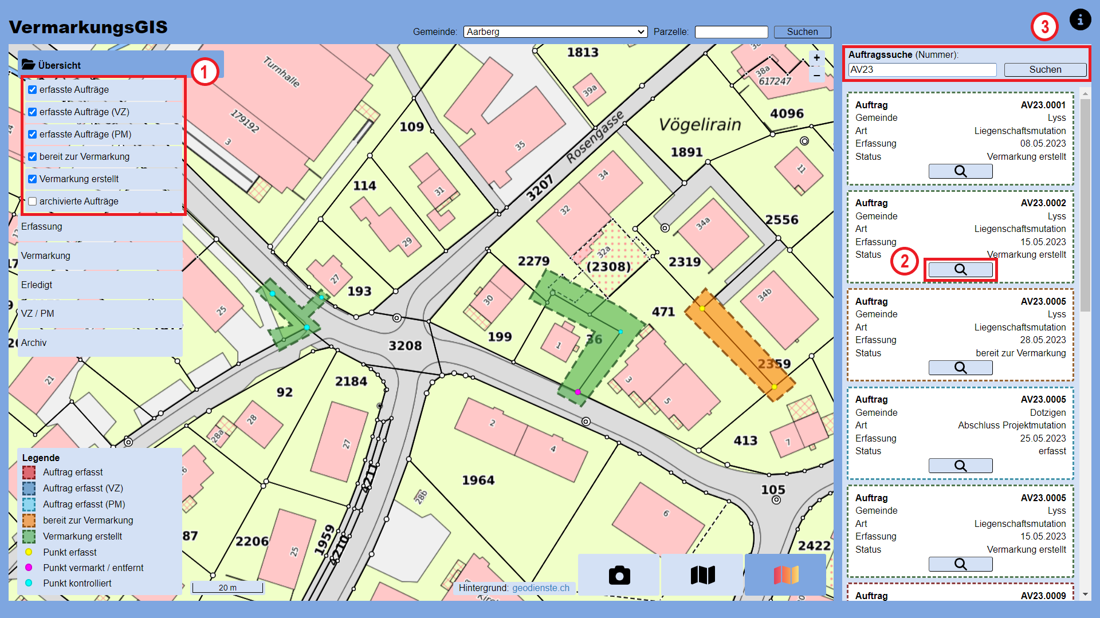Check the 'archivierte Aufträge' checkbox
tap(33, 201)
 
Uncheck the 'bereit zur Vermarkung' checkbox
tap(33, 156)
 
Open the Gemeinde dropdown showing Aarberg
tap(555, 32)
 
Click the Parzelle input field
tap(731, 32)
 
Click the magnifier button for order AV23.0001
tap(960, 171)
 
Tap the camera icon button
tap(619, 575)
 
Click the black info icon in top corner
tap(1080, 20)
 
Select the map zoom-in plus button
tap(816, 58)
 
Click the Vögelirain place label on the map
tap(700, 124)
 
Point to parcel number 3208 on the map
tap(405, 345)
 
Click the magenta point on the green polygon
tap(577, 392)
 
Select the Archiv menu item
tap(34, 343)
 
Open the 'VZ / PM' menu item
tap(38, 313)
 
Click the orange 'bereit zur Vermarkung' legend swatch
tap(29, 520)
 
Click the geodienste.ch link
tap(540, 588)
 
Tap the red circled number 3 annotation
tap(1044, 26)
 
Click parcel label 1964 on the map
tap(478, 480)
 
